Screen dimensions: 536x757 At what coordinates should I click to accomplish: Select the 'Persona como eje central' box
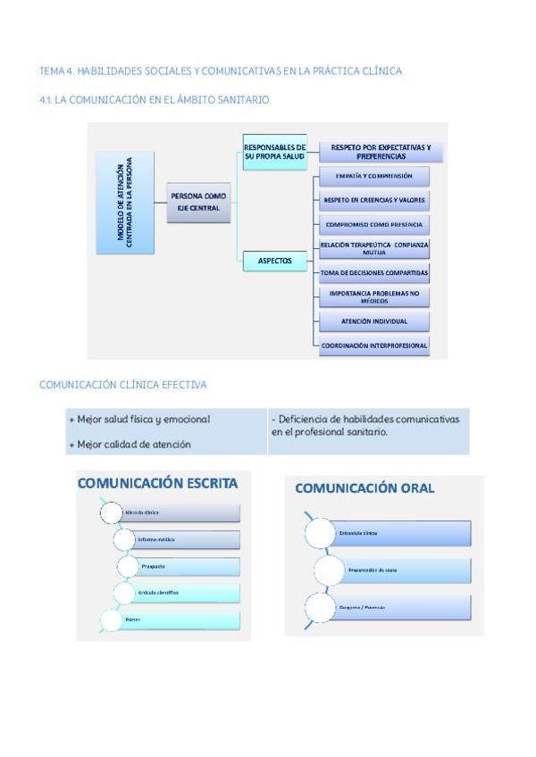201,202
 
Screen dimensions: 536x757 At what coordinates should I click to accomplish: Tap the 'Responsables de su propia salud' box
275,152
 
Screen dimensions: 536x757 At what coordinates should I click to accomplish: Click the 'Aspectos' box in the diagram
275,261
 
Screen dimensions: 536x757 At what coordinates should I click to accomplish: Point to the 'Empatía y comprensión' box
374,177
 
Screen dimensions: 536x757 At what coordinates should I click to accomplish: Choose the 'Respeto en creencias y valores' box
374,200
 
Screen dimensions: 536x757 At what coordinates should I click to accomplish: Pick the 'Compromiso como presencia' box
374,224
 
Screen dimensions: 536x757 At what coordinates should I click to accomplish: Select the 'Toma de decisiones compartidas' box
374,272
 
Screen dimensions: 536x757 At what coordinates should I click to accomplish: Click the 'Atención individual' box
374,321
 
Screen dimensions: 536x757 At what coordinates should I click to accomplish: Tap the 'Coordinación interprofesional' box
374,345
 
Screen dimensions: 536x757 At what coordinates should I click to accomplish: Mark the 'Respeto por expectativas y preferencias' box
381,151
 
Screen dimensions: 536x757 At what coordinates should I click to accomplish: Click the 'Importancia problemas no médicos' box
374,296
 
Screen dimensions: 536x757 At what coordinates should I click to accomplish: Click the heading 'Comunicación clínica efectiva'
123,385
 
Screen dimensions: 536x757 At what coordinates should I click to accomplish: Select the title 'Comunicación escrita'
158,483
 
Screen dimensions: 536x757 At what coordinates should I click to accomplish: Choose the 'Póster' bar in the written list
179,619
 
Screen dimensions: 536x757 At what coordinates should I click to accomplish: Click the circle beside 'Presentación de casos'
331,570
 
